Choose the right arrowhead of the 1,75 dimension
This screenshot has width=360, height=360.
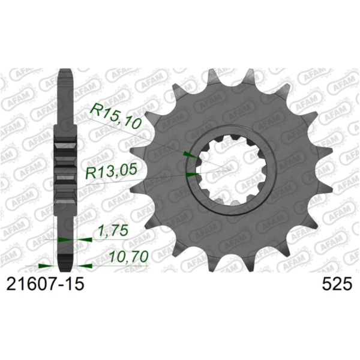[x=86, y=239]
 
